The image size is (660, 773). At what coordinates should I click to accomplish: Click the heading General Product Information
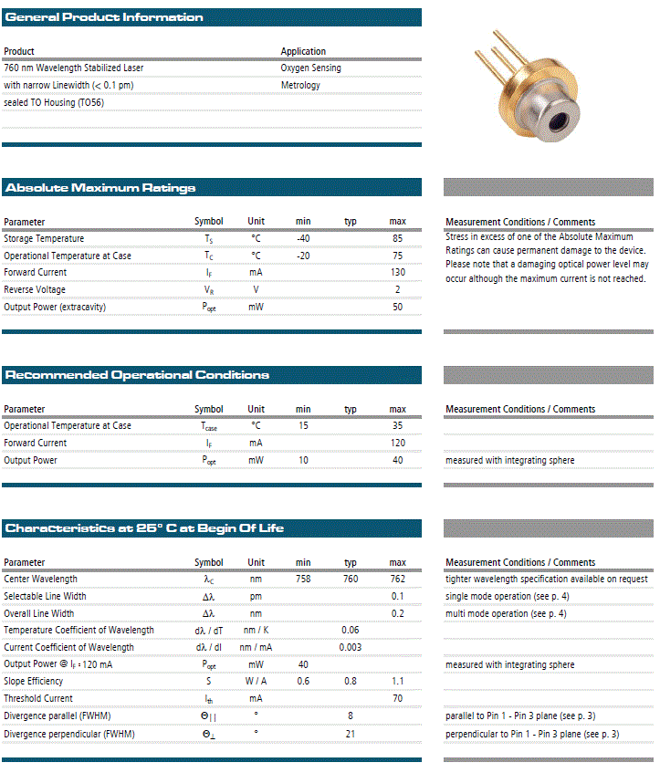pos(104,17)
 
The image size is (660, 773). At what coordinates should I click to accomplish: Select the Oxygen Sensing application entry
pos(310,68)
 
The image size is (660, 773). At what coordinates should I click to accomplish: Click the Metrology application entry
pos(300,85)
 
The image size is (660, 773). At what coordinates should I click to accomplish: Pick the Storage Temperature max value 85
pos(398,238)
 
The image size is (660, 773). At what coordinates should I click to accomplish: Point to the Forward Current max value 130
pos(398,272)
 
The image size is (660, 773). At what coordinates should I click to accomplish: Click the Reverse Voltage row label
pos(35,289)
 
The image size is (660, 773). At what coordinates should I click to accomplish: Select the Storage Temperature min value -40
pos(303,238)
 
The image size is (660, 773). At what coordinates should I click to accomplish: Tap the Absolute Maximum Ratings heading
pos(100,188)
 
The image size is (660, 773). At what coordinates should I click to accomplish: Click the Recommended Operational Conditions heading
pos(137,375)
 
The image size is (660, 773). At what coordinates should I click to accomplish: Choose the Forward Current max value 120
pos(398,443)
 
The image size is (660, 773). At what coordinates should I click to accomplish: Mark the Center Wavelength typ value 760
pos(351,579)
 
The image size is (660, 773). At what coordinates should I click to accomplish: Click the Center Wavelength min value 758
pos(303,579)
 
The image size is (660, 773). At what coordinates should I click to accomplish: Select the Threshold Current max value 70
pos(398,699)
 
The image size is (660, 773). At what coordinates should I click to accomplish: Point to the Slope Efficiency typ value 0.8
pos(351,682)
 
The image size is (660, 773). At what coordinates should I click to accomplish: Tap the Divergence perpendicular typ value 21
pos(351,734)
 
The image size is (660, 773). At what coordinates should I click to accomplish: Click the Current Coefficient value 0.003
pos(351,647)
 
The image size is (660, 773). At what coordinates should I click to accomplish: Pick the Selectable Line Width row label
pos(45,596)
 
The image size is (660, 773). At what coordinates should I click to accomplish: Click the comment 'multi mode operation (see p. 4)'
pos(506,613)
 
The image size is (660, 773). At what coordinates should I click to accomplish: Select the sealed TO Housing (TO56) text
pos(54,102)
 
